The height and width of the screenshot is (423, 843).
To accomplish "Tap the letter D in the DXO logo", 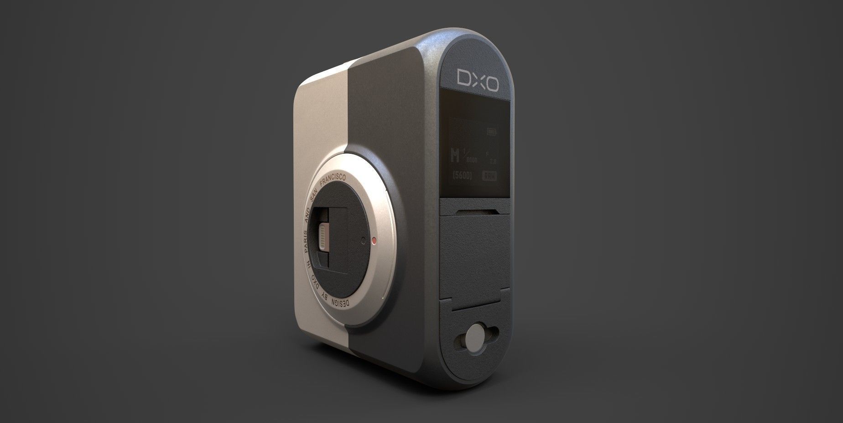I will coord(463,78).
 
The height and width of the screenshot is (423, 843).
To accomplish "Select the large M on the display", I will coord(454,156).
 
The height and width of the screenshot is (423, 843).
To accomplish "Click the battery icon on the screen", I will coord(491,132).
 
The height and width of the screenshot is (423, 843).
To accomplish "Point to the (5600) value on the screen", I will coord(461,175).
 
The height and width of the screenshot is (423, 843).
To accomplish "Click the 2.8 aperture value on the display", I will coord(493,161).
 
